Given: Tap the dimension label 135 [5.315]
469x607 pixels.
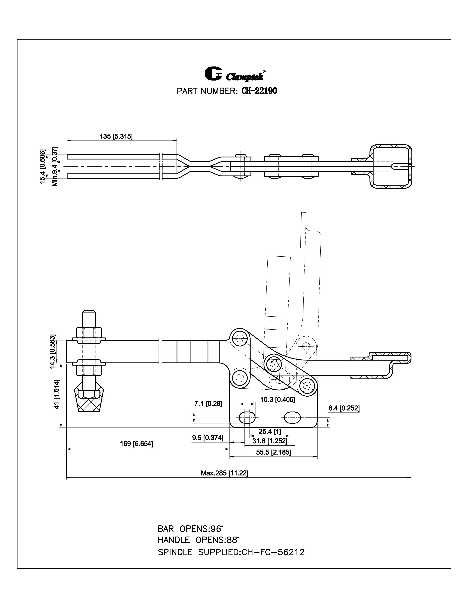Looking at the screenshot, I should tap(116, 136).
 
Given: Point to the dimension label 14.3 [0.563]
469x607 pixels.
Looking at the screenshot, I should tap(53, 351).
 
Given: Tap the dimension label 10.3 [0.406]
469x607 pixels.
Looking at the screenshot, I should tap(277, 400).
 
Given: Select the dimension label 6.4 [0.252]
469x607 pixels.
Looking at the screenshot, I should tap(344, 408).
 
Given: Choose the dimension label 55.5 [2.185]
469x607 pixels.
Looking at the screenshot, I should tap(273, 452).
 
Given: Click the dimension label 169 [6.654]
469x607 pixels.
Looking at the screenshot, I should tap(136, 444).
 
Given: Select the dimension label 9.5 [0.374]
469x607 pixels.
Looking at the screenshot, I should tap(207, 438).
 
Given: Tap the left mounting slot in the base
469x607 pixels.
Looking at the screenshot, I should tap(247, 418).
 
